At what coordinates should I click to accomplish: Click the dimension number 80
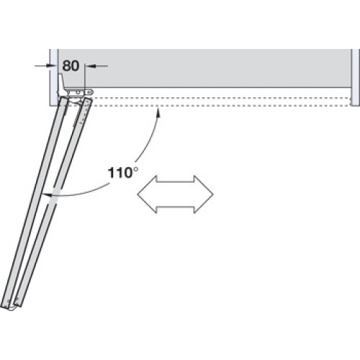point(71,66)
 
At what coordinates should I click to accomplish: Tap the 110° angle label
point(123,173)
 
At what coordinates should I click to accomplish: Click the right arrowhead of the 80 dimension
point(89,66)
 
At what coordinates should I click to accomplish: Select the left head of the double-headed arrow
point(147,194)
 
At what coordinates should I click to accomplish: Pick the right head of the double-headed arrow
point(204,194)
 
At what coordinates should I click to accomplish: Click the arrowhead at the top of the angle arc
point(158,112)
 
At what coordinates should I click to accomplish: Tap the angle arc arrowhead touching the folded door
point(47,195)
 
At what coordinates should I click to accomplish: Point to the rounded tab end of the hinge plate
point(90,92)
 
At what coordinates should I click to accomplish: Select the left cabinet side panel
point(54,77)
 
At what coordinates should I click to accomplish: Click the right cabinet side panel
point(355,77)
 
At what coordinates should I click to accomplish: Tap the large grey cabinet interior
point(204,68)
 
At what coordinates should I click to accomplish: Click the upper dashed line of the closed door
point(221,98)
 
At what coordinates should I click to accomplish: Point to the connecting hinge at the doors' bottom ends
point(12,307)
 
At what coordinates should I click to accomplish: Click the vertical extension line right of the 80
point(85,76)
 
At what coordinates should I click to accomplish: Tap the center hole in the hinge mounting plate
point(78,92)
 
